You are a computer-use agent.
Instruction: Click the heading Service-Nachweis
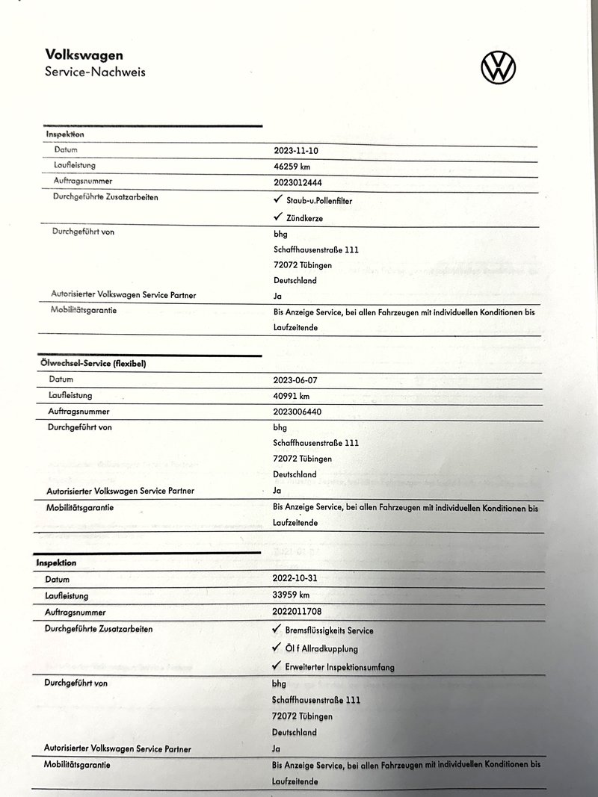click(x=95, y=72)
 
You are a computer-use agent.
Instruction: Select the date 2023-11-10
click(x=301, y=151)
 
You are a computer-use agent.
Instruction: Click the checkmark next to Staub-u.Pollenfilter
click(x=278, y=200)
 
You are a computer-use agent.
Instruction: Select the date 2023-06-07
click(x=300, y=380)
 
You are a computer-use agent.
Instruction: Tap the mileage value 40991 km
click(x=292, y=396)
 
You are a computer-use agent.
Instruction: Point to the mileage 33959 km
click(x=291, y=595)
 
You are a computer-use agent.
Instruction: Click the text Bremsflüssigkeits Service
click(x=329, y=630)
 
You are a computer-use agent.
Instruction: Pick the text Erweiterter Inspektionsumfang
click(x=339, y=667)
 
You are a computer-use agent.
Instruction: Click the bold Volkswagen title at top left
click(x=84, y=55)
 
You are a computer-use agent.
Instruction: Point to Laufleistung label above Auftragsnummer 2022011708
click(x=67, y=596)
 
